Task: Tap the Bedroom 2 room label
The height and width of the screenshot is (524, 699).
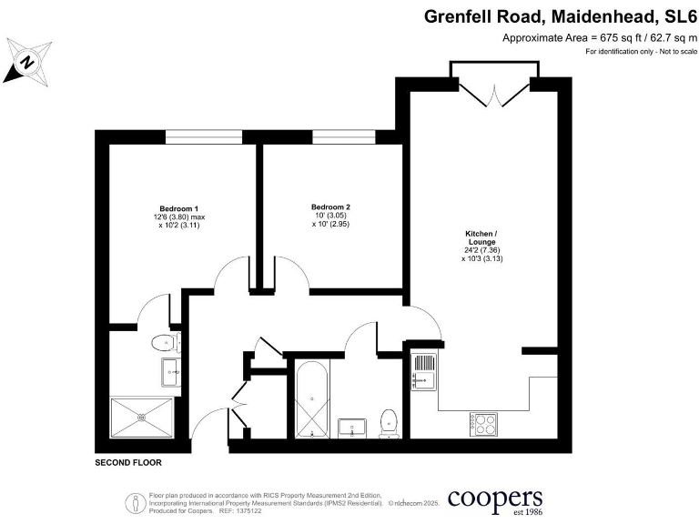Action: coord(330,207)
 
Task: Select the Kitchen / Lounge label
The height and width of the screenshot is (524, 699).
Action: coord(482,238)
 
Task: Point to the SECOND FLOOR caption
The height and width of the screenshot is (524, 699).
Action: coord(128,463)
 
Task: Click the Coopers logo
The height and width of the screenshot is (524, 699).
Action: coord(495,500)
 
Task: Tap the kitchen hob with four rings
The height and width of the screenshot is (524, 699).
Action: coord(482,422)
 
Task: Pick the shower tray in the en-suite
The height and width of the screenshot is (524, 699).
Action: coord(143,418)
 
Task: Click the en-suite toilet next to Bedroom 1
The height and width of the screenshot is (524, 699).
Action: coord(165,343)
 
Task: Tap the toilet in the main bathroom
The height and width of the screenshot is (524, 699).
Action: coord(390,422)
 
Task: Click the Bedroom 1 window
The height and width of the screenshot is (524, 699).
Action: coord(204,136)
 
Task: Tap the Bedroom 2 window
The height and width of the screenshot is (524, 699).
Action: coord(344,136)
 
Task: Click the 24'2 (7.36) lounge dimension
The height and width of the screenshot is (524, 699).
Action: coord(482,250)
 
